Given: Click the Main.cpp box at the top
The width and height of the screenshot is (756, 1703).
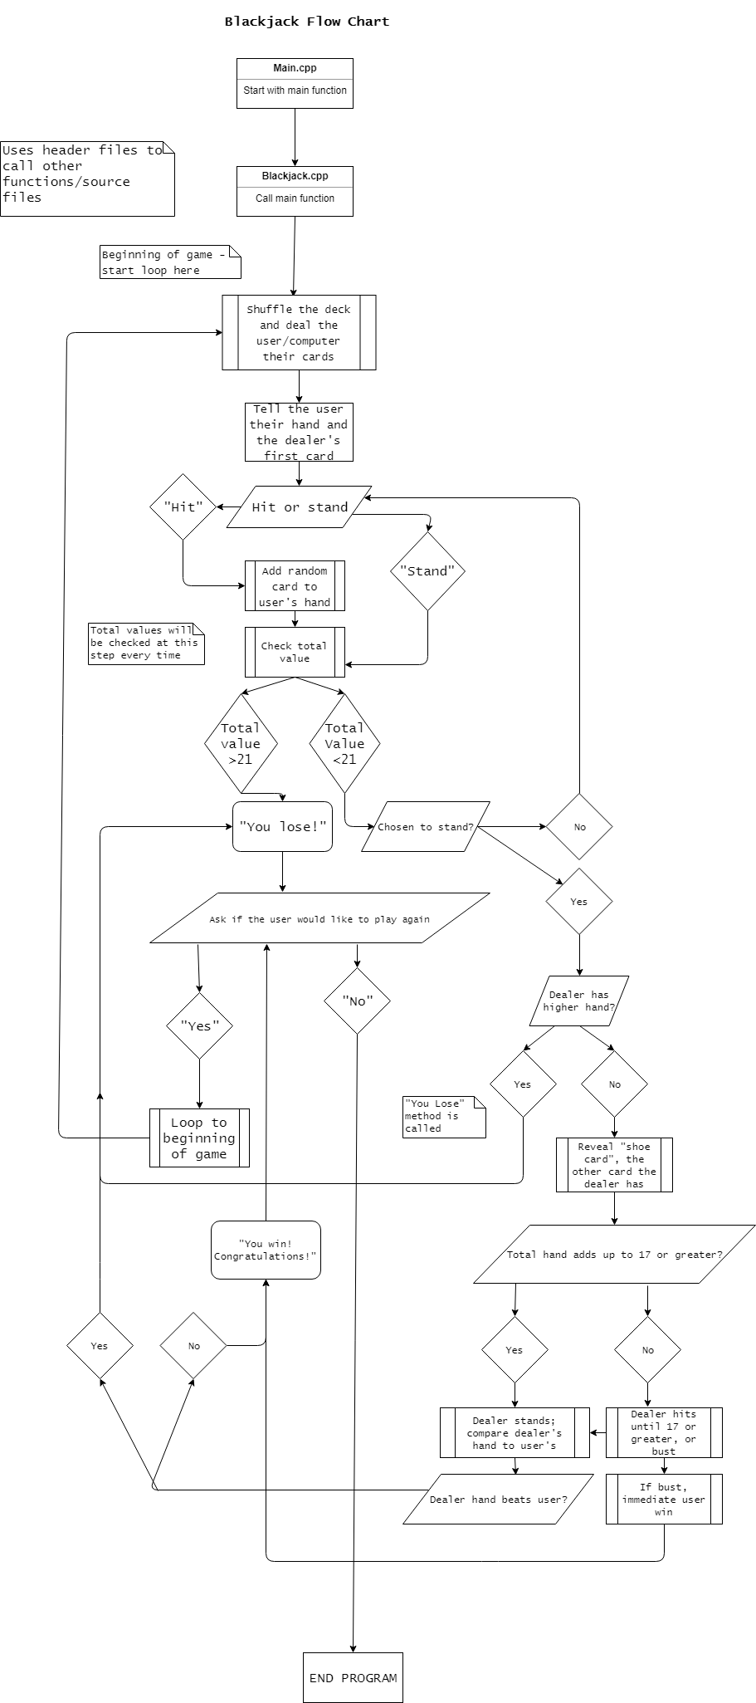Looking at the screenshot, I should tap(295, 83).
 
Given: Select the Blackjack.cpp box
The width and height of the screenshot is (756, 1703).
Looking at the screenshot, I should tap(295, 191).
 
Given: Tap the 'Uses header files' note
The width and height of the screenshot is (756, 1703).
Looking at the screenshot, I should tap(87, 179).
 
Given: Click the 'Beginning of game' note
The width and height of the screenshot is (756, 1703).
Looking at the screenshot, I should tap(170, 262).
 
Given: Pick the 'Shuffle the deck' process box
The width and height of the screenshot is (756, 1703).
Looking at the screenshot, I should tap(299, 332).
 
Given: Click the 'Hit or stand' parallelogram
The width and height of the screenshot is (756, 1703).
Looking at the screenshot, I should tap(299, 506).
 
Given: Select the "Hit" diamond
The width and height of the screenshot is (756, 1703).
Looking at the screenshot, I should tap(183, 506).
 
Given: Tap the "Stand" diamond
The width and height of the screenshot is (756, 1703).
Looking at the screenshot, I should tap(427, 571).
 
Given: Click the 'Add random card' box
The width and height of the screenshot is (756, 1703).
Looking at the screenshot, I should tap(295, 586).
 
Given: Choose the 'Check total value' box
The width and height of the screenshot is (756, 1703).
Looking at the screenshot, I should tap(295, 652).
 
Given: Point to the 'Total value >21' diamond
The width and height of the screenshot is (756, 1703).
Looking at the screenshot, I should tap(241, 743).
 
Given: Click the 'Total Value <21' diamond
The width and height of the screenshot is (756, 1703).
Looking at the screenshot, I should tap(344, 743).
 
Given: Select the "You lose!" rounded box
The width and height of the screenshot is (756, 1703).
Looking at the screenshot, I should tap(282, 826).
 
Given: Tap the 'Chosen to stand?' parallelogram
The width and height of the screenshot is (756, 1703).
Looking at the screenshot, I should tap(425, 826).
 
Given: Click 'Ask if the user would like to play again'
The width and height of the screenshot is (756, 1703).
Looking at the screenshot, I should tap(319, 918).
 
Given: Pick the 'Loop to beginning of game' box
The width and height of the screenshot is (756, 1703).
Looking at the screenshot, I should tap(199, 1138).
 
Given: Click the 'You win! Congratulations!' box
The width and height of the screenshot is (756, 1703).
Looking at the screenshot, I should tap(266, 1250).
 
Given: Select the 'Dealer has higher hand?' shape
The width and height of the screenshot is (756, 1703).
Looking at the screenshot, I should tap(578, 1001).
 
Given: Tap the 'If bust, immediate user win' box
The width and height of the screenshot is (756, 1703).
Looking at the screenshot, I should tap(664, 1499).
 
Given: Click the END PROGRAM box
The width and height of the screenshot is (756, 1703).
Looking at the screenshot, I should tap(353, 1677).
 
